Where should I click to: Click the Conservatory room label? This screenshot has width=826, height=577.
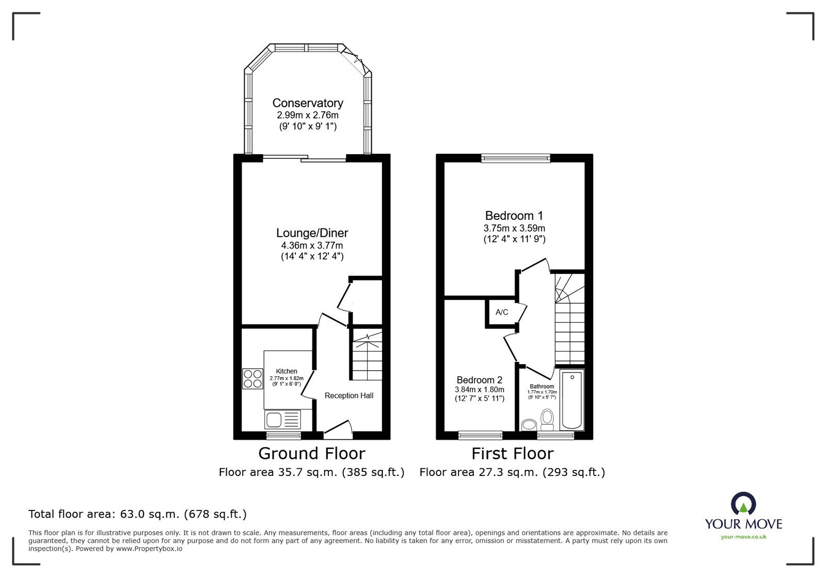[x=308, y=103]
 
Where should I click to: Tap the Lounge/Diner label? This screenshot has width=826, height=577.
[x=312, y=233]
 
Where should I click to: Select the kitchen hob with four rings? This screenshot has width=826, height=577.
[x=252, y=378]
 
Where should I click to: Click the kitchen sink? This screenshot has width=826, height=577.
[x=282, y=420]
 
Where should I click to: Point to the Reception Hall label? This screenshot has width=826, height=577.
[x=349, y=395]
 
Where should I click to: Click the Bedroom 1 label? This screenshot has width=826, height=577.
[x=514, y=216]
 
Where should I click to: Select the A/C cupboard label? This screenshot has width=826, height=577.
[x=501, y=312]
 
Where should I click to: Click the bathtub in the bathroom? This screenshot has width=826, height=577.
[x=571, y=400]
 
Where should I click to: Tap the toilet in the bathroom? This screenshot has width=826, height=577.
[x=547, y=420]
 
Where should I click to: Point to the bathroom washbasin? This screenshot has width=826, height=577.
[x=529, y=424]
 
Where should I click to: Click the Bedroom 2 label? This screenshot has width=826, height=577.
[x=480, y=380]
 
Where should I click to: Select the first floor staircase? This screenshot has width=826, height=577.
[x=570, y=319]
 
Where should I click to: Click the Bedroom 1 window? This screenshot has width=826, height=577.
[x=516, y=158]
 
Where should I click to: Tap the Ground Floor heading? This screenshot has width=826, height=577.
[x=312, y=453]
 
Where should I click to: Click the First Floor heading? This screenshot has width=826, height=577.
[x=513, y=453]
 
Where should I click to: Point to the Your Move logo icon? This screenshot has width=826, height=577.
[x=743, y=503]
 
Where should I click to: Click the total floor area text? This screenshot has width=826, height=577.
[x=137, y=514]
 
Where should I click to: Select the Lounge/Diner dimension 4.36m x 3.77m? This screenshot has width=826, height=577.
[x=312, y=245]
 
